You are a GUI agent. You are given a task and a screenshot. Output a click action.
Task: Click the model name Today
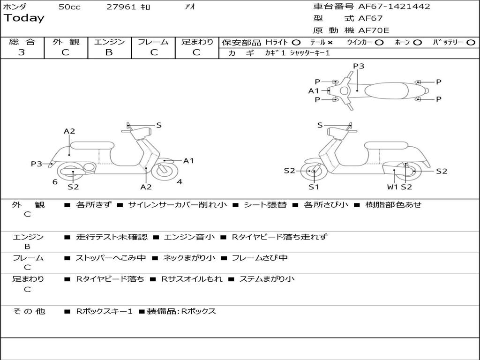(x=24, y=18)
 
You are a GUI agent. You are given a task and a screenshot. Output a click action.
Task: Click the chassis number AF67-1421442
(x=394, y=6)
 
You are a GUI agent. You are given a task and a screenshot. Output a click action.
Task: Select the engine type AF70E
(x=374, y=30)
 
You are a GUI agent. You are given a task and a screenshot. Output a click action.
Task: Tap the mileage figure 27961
(x=121, y=7)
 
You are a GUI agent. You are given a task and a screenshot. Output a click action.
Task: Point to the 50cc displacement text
(x=69, y=7)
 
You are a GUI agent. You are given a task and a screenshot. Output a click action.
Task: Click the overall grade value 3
(x=22, y=52)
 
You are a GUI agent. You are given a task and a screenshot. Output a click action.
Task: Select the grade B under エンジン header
(x=109, y=52)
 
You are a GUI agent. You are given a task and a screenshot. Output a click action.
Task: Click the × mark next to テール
(x=330, y=43)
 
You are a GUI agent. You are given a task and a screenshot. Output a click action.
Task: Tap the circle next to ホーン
(x=417, y=43)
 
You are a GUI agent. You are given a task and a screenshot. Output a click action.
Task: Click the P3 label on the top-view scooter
(x=359, y=66)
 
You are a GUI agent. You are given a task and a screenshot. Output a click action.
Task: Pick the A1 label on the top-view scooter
(x=314, y=91)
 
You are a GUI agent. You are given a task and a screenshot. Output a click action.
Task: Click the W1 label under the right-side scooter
(x=392, y=187)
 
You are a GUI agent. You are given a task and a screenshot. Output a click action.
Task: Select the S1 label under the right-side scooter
(x=314, y=187)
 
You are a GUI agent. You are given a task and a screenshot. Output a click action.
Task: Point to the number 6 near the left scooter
(x=55, y=182)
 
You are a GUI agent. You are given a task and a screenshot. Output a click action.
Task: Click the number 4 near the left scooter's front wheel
(x=180, y=182)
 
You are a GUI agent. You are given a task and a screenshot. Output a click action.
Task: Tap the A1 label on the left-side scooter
(x=188, y=161)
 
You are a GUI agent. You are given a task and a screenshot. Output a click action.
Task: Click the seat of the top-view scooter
(x=387, y=90)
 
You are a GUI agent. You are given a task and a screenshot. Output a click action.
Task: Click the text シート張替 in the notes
(x=265, y=205)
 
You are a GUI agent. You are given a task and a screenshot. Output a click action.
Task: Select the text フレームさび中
(x=260, y=258)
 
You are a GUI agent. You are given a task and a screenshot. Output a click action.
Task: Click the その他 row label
(x=29, y=311)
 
